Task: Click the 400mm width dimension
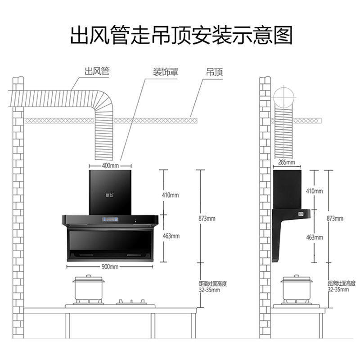click(x=110, y=165)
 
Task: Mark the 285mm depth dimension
click(x=287, y=162)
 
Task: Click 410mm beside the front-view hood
click(x=170, y=195)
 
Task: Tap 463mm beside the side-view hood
click(x=315, y=237)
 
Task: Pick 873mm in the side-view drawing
click(x=335, y=219)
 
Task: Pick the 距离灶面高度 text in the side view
click(x=342, y=283)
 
